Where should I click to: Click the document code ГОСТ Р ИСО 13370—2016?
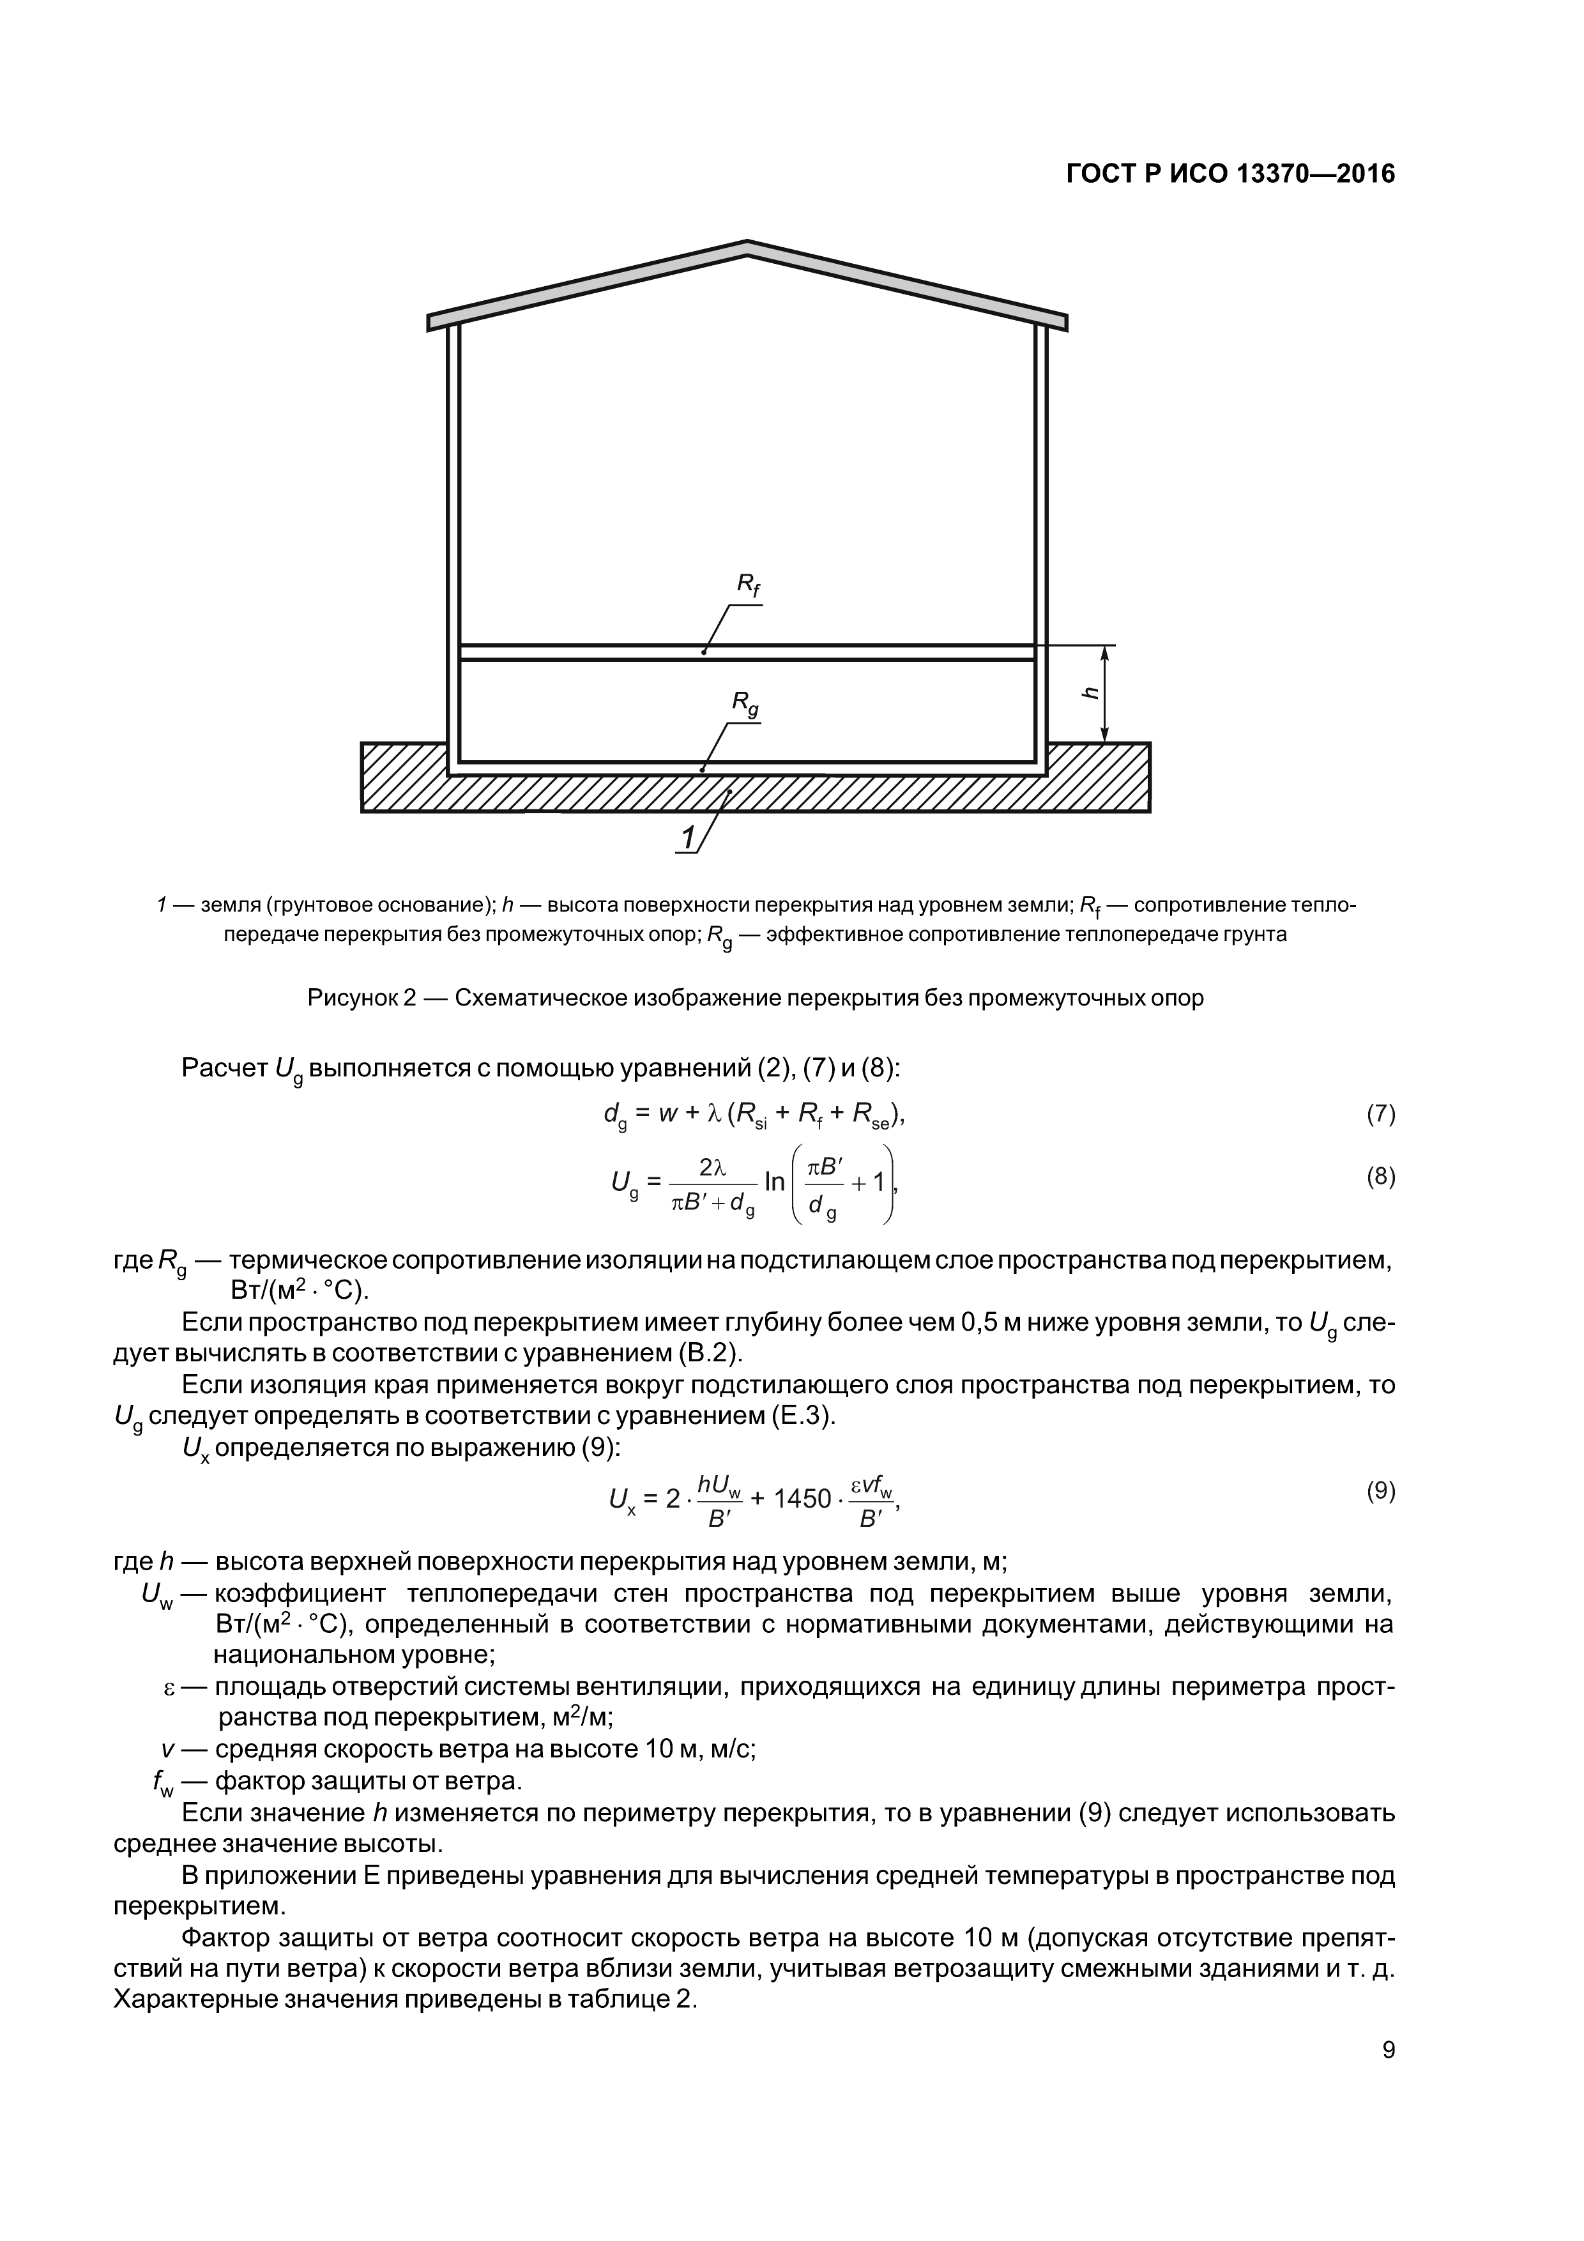tap(1230, 174)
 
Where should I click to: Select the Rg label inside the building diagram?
tap(745, 704)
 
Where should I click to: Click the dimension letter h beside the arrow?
tap(1090, 692)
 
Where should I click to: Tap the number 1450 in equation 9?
tap(802, 1497)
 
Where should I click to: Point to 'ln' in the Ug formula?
tap(775, 1182)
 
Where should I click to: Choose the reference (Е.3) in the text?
tap(800, 1416)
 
